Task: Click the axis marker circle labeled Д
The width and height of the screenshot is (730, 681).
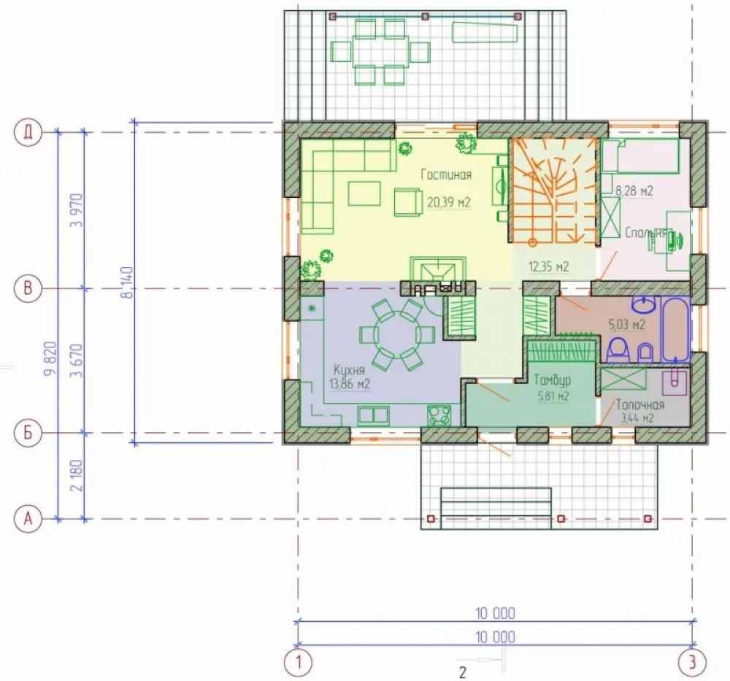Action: click(28, 133)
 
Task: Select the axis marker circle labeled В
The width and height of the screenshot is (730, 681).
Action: click(28, 288)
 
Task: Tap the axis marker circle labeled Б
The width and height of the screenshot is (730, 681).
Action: click(28, 433)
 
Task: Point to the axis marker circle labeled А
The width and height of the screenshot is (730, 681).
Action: click(28, 518)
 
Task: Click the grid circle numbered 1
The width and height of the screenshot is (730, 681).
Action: click(298, 661)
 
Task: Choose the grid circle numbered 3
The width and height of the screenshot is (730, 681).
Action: click(692, 661)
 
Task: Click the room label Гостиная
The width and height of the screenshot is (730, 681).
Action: click(446, 174)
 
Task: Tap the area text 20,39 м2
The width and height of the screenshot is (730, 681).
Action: click(449, 202)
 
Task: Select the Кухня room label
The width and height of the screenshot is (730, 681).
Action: click(349, 370)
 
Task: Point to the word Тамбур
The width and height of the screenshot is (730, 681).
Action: click(552, 380)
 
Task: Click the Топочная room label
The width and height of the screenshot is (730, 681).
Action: click(640, 404)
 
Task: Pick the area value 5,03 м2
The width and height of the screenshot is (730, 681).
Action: click(626, 324)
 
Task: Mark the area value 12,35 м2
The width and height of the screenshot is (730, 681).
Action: click(548, 267)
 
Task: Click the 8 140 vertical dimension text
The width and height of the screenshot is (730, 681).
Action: click(129, 282)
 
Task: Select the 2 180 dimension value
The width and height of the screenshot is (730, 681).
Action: click(77, 475)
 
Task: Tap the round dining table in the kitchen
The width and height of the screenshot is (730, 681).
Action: click(396, 334)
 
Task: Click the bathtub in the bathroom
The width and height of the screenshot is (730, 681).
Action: click(675, 330)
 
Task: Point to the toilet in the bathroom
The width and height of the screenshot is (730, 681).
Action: click(618, 349)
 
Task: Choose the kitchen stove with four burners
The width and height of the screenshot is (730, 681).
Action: click(439, 415)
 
